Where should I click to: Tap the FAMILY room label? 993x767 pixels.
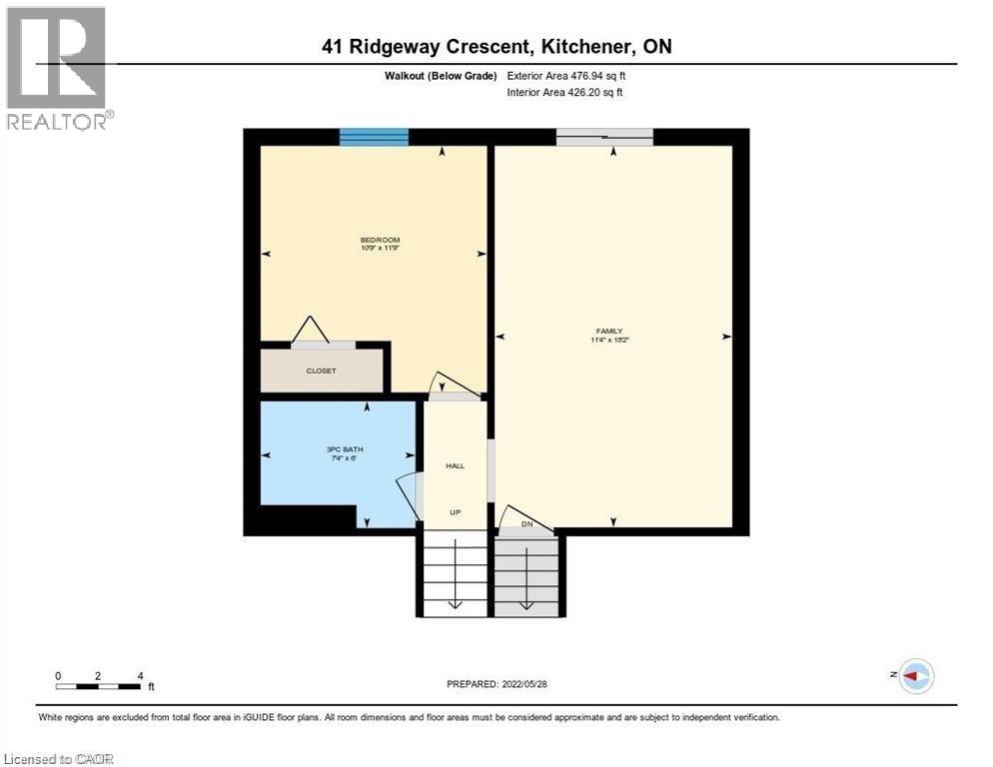609,331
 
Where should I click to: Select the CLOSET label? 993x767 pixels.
321,371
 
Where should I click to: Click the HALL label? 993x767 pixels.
455,465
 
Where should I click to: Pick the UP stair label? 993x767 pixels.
455,512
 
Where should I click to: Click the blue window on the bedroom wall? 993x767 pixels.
374,137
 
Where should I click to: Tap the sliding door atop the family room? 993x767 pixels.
604,137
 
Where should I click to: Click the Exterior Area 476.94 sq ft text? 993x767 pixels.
566,76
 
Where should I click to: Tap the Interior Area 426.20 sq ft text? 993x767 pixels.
566,93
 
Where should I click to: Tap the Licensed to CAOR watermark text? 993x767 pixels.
59,759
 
